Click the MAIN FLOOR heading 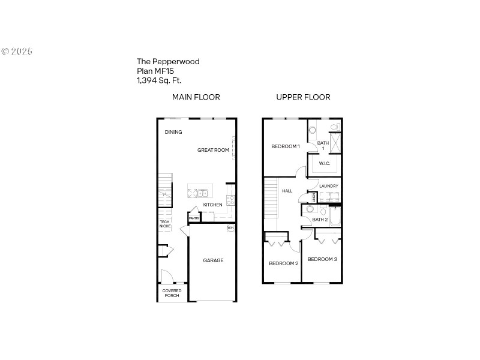pos(196,97)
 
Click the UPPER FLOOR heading pos(303,97)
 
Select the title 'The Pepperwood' pos(168,61)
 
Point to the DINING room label pos(173,132)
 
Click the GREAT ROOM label pos(213,150)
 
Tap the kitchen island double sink pos(203,193)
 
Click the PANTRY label pos(194,218)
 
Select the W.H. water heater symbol pos(230,228)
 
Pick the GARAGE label pos(213,260)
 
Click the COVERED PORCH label pos(172,293)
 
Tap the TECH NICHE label pos(164,224)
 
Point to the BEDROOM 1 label pos(285,146)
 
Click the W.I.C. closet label pos(325,163)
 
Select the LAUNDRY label pos(329,186)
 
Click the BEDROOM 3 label pos(322,259)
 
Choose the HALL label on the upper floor pos(287,191)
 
